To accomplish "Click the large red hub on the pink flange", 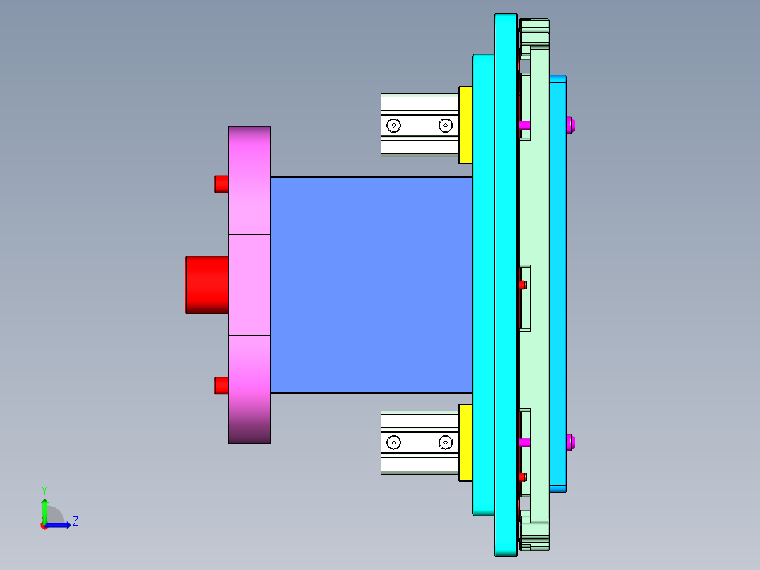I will pyautogui.click(x=207, y=284).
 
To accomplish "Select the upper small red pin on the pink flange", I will pyautogui.click(x=221, y=183).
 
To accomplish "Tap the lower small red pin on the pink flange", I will pyautogui.click(x=221, y=386).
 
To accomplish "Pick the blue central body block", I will pyautogui.click(x=371, y=284).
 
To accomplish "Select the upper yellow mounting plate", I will pyautogui.click(x=465, y=125).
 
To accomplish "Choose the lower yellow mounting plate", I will pyautogui.click(x=465, y=442).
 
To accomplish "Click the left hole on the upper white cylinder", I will pyautogui.click(x=393, y=126).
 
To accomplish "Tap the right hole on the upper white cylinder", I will pyautogui.click(x=445, y=126).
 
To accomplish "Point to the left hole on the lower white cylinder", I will pyautogui.click(x=393, y=442).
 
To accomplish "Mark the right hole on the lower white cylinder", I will pyautogui.click(x=445, y=442).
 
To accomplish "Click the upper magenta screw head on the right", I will pyautogui.click(x=572, y=126).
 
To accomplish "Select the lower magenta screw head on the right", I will pyautogui.click(x=572, y=442).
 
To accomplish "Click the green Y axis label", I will pyautogui.click(x=44, y=490).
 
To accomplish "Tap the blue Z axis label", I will pyautogui.click(x=75, y=521).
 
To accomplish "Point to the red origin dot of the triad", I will pyautogui.click(x=44, y=525).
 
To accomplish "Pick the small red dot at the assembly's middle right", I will pyautogui.click(x=522, y=285).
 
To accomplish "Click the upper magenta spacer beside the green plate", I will pyautogui.click(x=525, y=125).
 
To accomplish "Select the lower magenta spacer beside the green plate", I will pyautogui.click(x=525, y=442).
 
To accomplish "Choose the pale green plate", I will pyautogui.click(x=539, y=212).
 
